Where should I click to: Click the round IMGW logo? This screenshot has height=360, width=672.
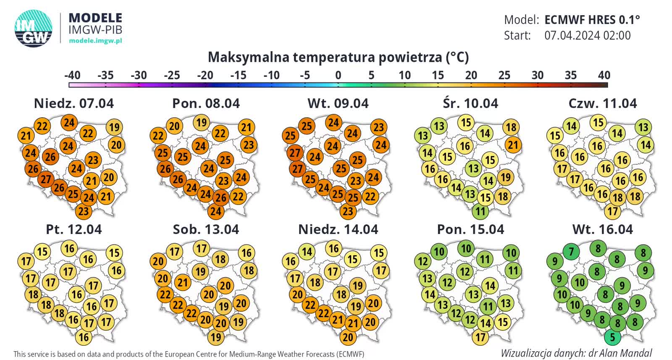(x=34, y=28)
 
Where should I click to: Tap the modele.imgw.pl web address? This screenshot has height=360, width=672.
(x=95, y=41)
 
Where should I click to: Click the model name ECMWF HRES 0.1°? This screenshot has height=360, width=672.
(x=592, y=20)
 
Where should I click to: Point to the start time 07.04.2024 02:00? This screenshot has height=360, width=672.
(x=588, y=35)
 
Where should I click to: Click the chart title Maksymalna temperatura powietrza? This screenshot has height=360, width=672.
(x=338, y=57)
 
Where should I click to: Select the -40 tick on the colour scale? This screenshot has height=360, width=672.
(x=72, y=76)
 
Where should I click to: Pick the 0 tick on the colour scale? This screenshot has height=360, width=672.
(x=338, y=76)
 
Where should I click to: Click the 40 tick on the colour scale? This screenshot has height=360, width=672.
(x=604, y=76)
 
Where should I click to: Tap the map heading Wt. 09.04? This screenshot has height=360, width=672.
(x=338, y=103)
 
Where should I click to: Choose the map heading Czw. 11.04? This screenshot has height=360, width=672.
(x=603, y=103)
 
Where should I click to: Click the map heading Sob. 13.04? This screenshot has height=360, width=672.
(x=206, y=229)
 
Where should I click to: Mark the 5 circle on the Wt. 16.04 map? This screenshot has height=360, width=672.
(x=612, y=337)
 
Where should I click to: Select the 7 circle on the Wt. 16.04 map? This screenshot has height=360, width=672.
(x=571, y=252)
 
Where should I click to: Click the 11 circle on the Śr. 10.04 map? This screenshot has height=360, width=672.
(x=480, y=211)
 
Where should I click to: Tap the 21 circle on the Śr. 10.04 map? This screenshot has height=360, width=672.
(x=513, y=145)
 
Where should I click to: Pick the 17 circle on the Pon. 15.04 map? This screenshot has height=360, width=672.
(x=480, y=337)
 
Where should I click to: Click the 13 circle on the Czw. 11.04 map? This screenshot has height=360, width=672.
(x=643, y=127)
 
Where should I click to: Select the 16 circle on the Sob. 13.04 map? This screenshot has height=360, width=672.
(x=247, y=253)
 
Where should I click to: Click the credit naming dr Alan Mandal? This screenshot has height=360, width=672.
(x=576, y=353)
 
